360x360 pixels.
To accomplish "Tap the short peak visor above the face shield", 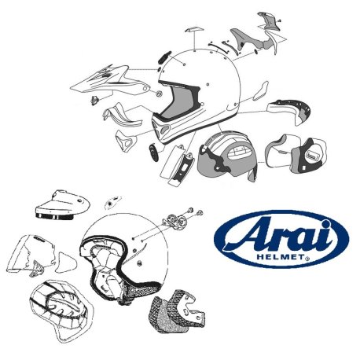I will (x=61, y=205).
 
